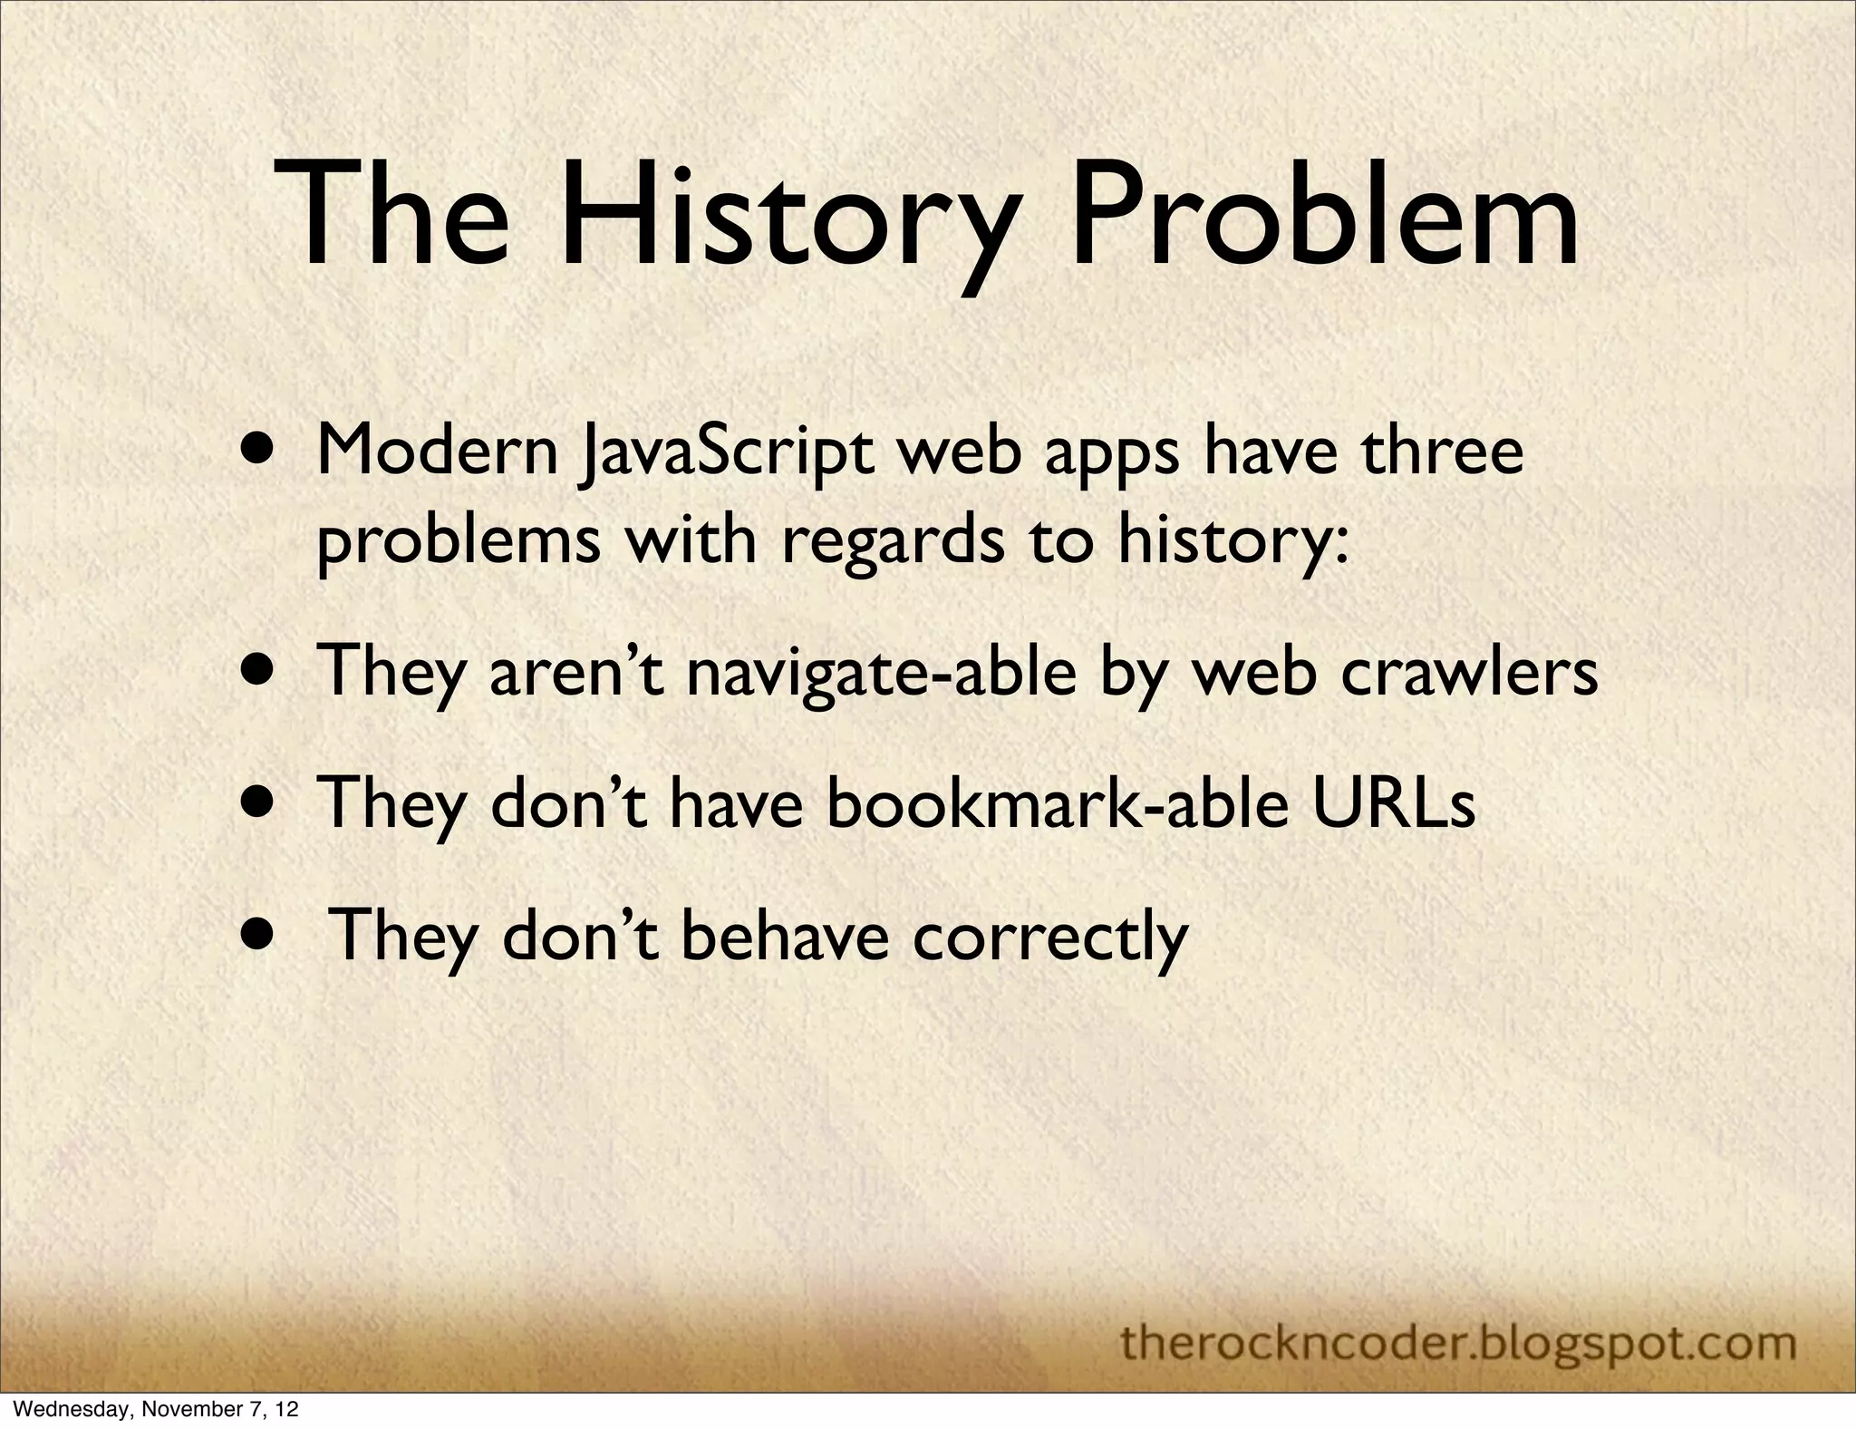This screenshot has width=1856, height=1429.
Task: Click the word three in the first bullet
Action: pos(1442,452)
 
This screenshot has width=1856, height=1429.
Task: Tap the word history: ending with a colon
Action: pos(1232,541)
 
